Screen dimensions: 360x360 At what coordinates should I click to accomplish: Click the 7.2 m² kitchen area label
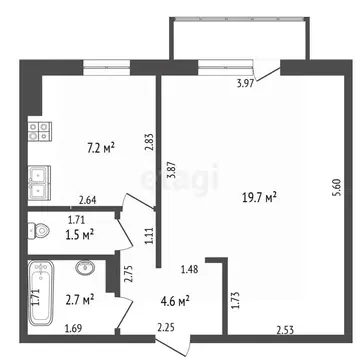tap(100, 148)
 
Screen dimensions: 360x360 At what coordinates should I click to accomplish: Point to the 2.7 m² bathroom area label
tap(81, 299)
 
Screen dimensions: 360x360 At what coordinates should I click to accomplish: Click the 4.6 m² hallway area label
tap(176, 299)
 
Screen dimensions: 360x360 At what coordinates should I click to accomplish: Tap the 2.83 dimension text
tap(148, 142)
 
